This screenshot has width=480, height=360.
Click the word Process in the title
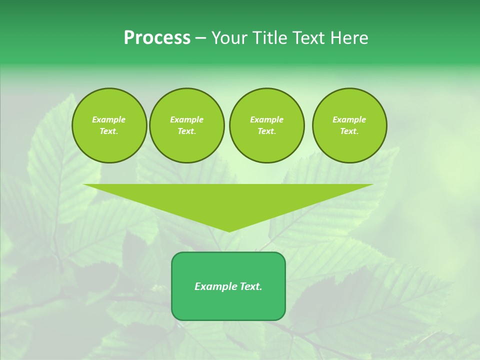tap(157, 38)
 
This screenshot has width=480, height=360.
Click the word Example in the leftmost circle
tap(109, 119)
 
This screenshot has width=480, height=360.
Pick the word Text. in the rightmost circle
tap(349, 131)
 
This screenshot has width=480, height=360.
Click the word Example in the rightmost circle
tap(349, 119)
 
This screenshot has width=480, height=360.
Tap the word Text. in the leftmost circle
tap(109, 131)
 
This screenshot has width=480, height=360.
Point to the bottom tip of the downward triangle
tap(229, 231)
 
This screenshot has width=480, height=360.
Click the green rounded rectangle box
tap(228, 305)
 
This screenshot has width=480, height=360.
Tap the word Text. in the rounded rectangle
tap(250, 286)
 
